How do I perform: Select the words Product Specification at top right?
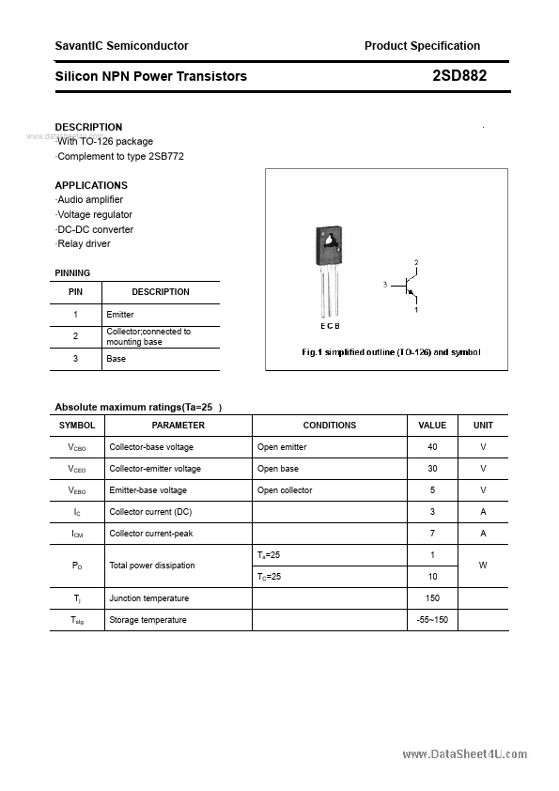(x=422, y=45)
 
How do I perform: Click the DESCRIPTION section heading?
(x=88, y=127)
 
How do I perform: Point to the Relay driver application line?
(x=83, y=243)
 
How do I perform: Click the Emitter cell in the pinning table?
(x=120, y=315)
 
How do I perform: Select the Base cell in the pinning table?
(x=116, y=359)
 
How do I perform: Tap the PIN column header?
(x=76, y=292)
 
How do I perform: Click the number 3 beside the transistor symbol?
(x=384, y=284)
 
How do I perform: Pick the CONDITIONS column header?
(x=330, y=426)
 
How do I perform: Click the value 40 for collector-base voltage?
(x=432, y=447)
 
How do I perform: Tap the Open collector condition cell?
(x=285, y=490)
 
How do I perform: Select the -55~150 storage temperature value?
(x=432, y=620)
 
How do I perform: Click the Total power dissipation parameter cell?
(x=152, y=566)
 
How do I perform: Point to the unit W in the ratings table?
(x=483, y=566)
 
